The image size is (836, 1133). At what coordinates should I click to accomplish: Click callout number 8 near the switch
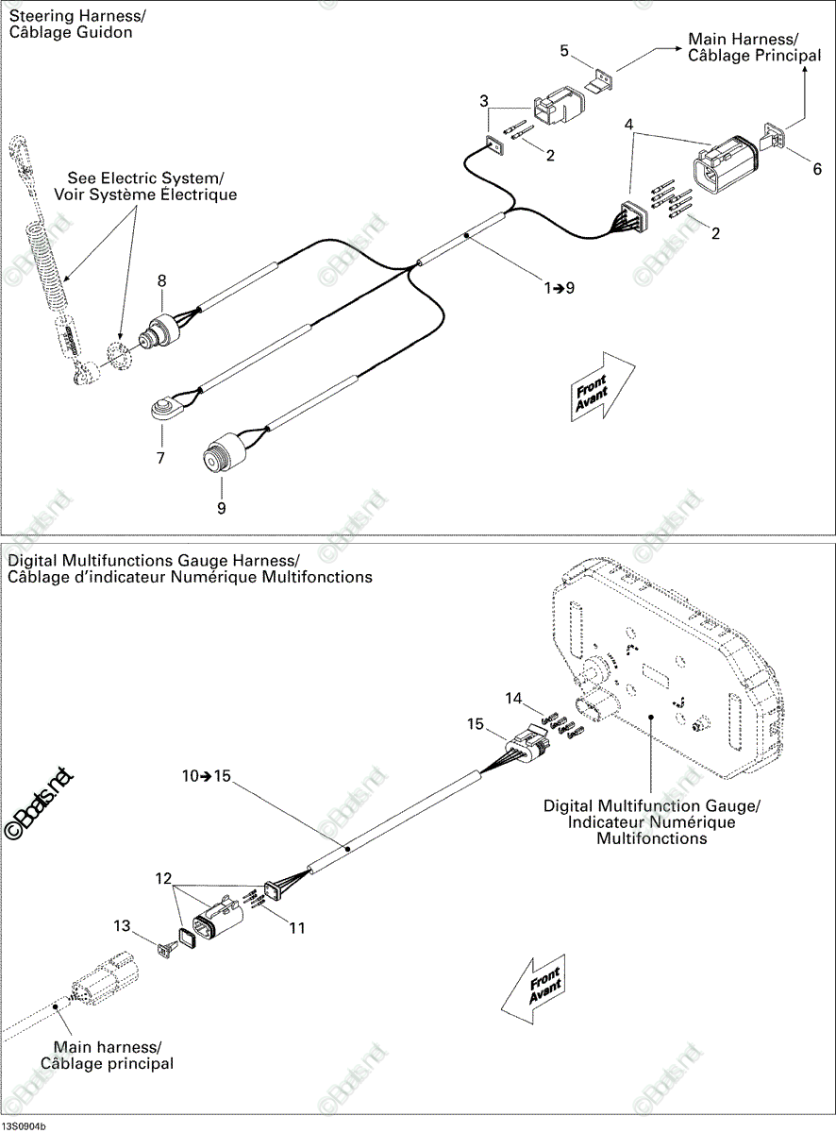162,280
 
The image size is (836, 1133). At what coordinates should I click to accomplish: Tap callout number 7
160,458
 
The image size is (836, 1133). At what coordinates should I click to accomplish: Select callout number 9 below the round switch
221,508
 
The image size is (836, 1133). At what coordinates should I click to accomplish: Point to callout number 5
564,51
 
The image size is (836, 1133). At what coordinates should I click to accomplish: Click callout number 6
817,169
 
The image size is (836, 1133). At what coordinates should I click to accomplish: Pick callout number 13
122,925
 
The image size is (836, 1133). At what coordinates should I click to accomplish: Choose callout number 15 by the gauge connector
475,724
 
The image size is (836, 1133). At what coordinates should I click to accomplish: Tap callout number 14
513,698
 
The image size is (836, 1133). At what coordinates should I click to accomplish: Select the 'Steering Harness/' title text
77,16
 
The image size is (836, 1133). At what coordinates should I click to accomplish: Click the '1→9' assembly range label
560,288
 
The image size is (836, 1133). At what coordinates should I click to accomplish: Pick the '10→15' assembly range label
207,776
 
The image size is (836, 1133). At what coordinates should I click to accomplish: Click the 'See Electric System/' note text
145,178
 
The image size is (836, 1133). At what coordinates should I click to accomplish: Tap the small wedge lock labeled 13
164,951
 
